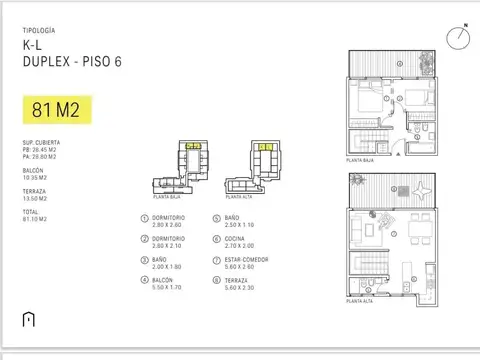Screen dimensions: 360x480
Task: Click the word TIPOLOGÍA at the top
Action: (x=39, y=32)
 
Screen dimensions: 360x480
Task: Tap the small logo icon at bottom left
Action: (x=27, y=319)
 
